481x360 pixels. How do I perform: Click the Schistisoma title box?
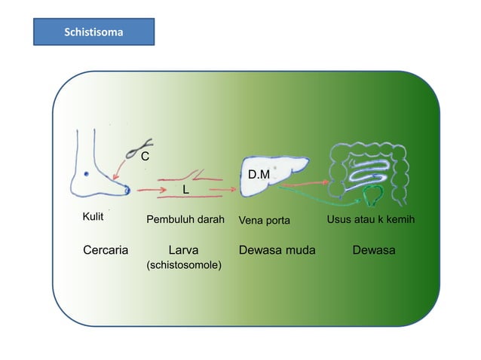[x=93, y=32]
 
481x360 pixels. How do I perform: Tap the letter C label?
[x=145, y=156]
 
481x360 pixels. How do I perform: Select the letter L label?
[x=185, y=189]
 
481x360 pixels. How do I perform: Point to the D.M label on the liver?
[x=259, y=175]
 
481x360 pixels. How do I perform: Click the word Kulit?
[x=92, y=218]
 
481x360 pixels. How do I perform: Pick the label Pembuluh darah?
[x=185, y=220]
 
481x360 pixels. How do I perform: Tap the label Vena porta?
[x=264, y=220]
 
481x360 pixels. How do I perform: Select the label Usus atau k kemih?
[x=371, y=219]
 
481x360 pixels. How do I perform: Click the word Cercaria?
[x=105, y=250]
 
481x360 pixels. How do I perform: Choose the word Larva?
[x=184, y=250]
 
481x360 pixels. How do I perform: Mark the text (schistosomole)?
[x=183, y=266]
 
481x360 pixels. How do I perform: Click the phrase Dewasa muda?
[x=277, y=250]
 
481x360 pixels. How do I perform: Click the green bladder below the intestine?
[x=371, y=198]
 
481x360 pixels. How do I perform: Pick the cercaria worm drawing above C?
[x=140, y=145]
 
